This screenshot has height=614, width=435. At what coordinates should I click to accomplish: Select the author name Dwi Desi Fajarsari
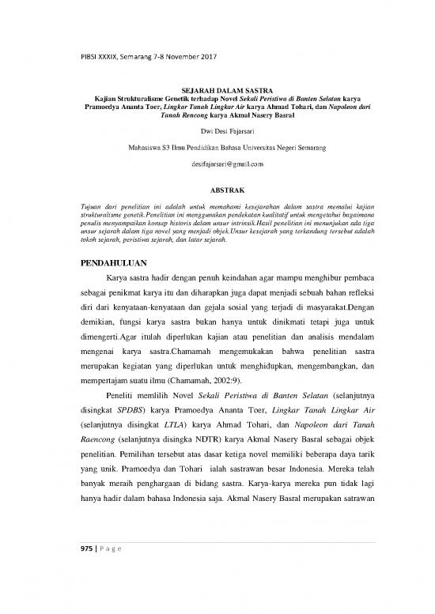217,130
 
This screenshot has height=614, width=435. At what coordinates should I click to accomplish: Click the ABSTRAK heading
217,190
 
